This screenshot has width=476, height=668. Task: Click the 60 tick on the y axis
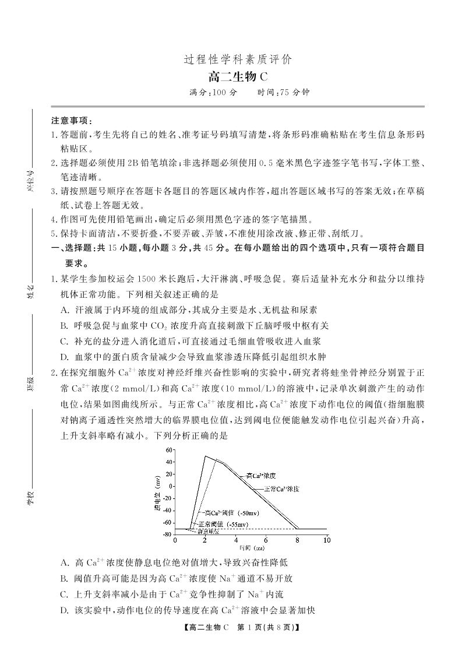coord(170,450)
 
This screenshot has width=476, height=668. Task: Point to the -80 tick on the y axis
coord(168,534)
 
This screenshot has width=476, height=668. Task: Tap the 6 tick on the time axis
coord(266,540)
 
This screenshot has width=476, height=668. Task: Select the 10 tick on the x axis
coord(326,540)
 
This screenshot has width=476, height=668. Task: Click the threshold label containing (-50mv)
coord(232,513)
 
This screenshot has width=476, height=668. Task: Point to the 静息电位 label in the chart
coord(209,532)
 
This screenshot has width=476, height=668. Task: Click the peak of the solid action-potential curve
coord(205,456)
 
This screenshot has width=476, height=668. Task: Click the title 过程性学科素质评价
coord(238,59)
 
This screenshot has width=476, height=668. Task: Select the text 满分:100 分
coord(213,93)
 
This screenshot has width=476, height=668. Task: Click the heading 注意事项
coord(71,121)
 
